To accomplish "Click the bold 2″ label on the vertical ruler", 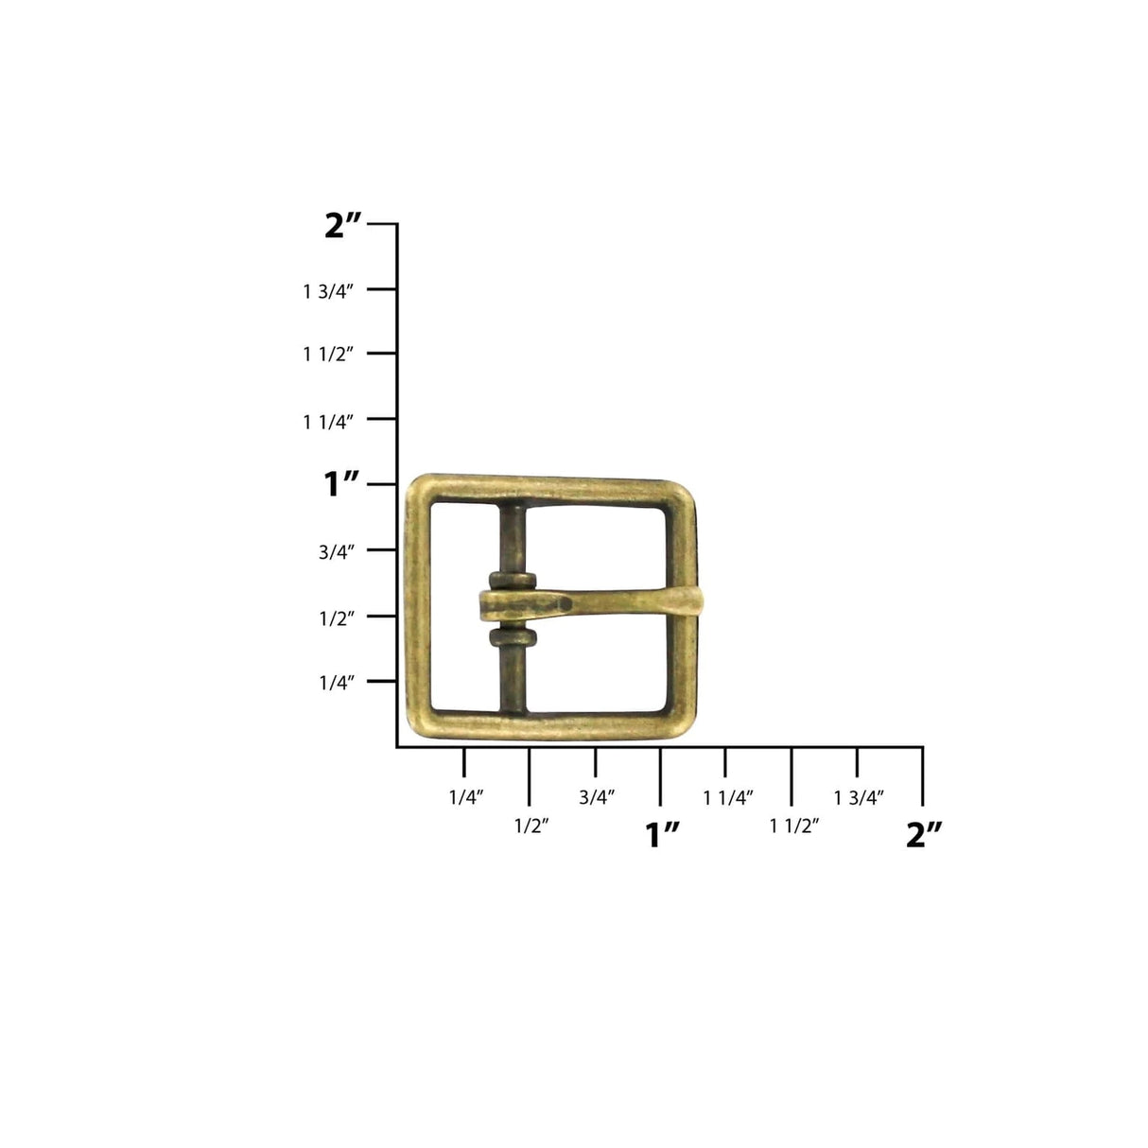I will click(342, 225).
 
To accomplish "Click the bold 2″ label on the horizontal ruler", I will click(924, 834).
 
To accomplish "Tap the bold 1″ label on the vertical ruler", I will click(342, 485).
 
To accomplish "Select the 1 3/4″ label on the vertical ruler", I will click(327, 291).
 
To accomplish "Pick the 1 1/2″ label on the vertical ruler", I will click(327, 355).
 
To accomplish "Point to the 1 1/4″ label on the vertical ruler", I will click(327, 421).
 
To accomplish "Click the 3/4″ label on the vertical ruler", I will click(336, 551).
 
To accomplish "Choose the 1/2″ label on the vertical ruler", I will click(336, 617).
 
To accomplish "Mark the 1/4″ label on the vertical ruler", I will click(336, 682).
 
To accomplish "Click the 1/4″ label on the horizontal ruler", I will click(466, 797).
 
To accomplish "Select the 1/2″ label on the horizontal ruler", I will click(531, 826).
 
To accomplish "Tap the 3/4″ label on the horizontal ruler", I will click(597, 797).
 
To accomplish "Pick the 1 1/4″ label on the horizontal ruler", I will click(728, 797).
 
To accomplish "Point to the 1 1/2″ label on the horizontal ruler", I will click(793, 826).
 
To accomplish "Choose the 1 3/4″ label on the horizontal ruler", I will click(859, 797).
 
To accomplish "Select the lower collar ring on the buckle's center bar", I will click(513, 636).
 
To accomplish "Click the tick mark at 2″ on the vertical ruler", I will click(382, 225).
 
